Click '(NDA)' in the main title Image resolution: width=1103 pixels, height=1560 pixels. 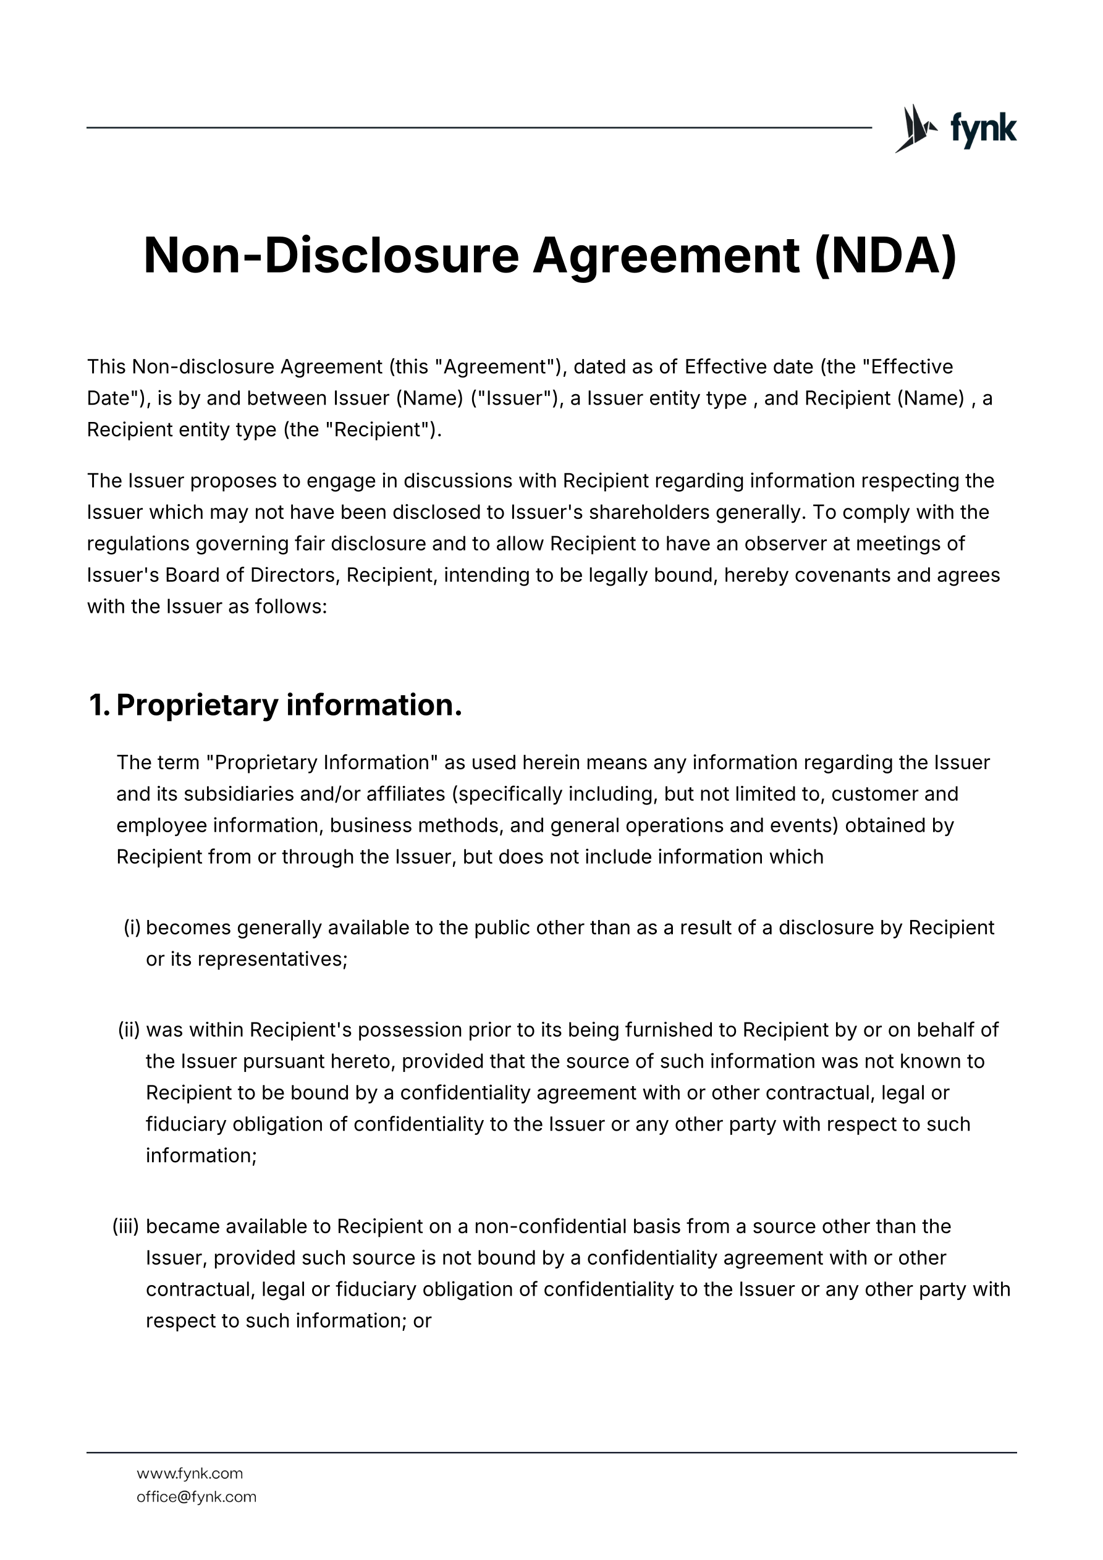point(885,256)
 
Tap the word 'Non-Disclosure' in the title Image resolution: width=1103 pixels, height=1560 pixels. point(331,256)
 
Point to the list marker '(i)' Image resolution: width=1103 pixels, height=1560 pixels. point(132,927)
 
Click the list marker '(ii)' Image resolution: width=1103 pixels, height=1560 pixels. point(129,1029)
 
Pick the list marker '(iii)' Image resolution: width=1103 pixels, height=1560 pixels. point(125,1226)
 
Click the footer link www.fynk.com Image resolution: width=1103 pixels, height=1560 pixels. point(190,1473)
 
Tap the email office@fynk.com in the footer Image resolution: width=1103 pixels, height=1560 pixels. point(197,1496)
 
